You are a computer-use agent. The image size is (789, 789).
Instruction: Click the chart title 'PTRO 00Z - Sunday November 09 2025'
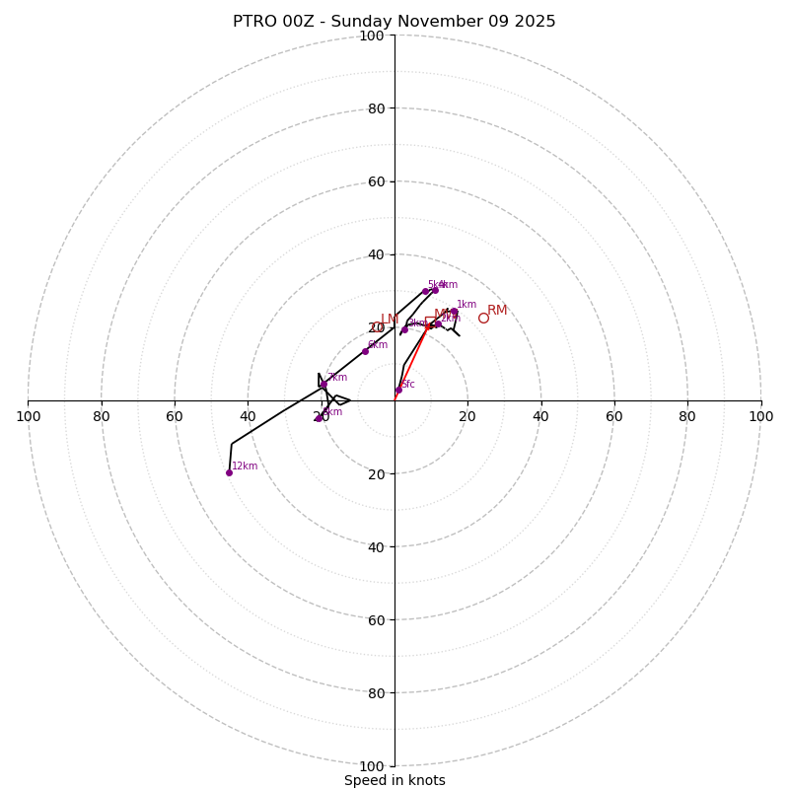[394, 22]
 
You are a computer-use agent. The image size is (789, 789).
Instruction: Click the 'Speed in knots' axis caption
[394, 780]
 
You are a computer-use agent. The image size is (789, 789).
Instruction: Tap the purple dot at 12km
[229, 472]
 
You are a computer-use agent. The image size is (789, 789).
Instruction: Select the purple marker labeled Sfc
[398, 391]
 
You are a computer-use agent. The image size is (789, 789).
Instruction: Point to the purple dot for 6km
[365, 351]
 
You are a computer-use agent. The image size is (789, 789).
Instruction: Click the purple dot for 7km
[323, 385]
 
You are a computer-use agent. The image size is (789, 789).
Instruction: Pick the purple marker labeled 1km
[454, 312]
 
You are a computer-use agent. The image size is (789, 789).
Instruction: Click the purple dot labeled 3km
[404, 329]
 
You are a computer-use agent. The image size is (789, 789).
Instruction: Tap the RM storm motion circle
[483, 318]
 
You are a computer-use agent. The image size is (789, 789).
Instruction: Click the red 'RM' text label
[497, 310]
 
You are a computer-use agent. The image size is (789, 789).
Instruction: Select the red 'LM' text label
[390, 320]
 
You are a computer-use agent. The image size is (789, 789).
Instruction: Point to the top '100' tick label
[372, 36]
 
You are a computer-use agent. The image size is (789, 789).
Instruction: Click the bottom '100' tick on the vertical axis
[372, 766]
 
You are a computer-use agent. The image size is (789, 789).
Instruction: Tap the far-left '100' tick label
[29, 416]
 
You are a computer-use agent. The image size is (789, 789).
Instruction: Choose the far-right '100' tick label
[760, 416]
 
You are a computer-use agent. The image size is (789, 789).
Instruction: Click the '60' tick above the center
[376, 181]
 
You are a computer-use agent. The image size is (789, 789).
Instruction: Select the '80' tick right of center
[687, 416]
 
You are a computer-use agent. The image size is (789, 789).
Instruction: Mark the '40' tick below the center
[376, 546]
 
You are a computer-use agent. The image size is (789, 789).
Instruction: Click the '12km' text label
[245, 466]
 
